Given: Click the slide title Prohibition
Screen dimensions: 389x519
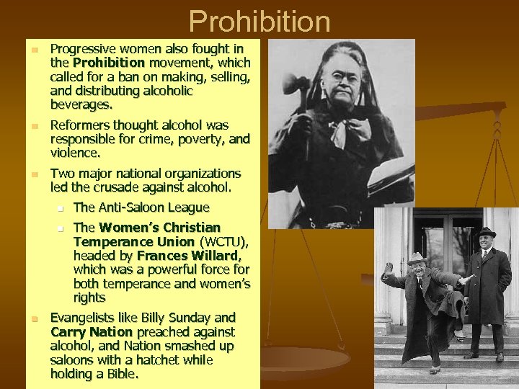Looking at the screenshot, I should coord(259,22).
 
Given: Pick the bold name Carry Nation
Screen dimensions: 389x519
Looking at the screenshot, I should coord(92,332).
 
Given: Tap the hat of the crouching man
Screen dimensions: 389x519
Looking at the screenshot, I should coord(416,258).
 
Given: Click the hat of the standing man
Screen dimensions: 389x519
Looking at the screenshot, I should coord(486,233).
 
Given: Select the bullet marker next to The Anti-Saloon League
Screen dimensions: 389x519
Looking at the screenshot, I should coord(62,209).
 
